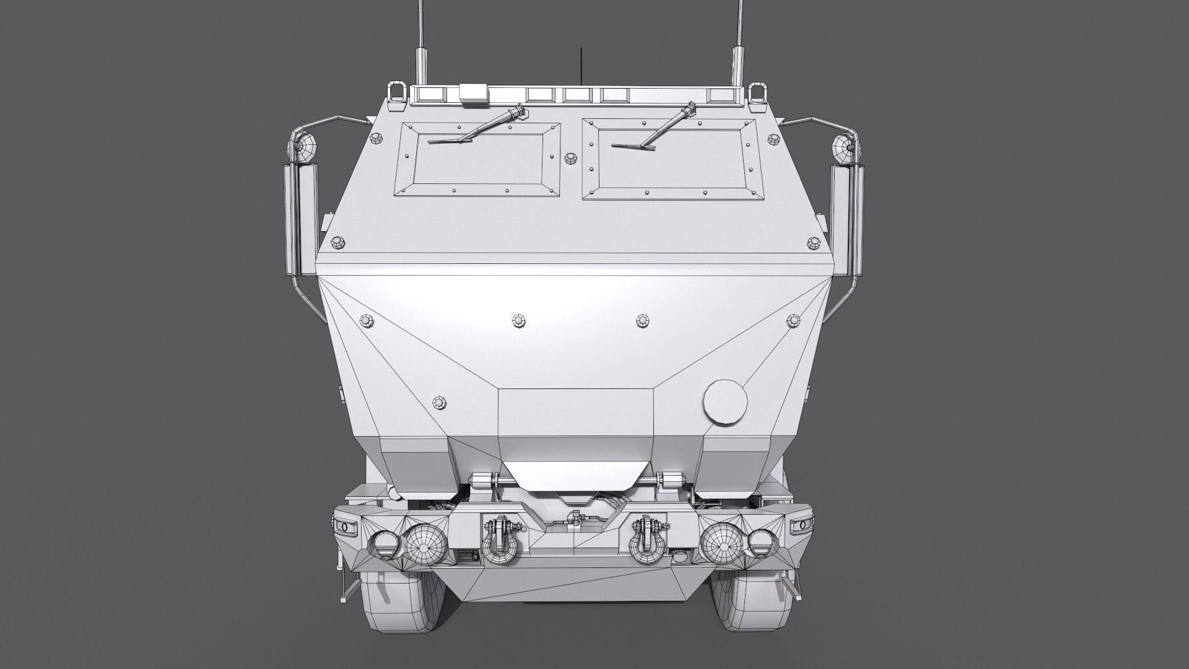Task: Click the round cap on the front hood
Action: (x=726, y=401)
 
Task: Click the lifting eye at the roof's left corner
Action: (x=394, y=93)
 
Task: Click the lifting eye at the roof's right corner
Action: (x=756, y=93)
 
